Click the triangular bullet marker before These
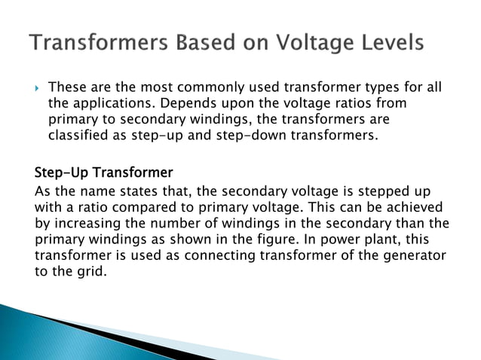(x=38, y=88)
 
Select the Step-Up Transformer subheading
(x=103, y=172)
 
